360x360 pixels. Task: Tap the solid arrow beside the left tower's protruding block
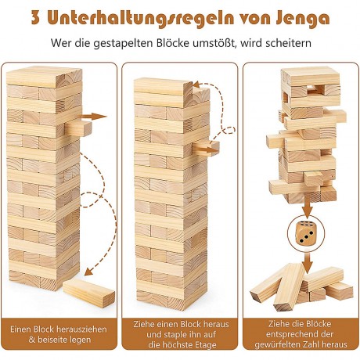coord(95,117)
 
